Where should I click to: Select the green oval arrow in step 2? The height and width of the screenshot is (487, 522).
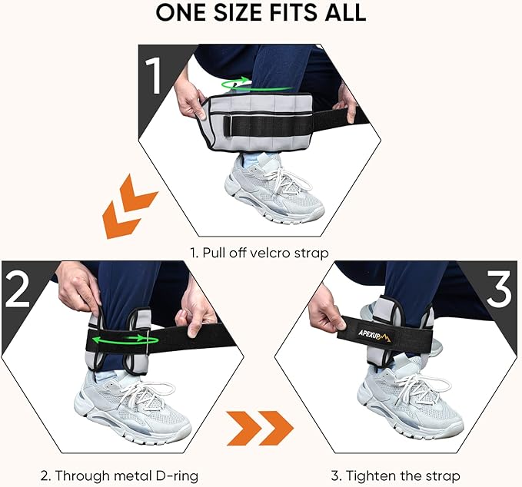[x=119, y=337]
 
